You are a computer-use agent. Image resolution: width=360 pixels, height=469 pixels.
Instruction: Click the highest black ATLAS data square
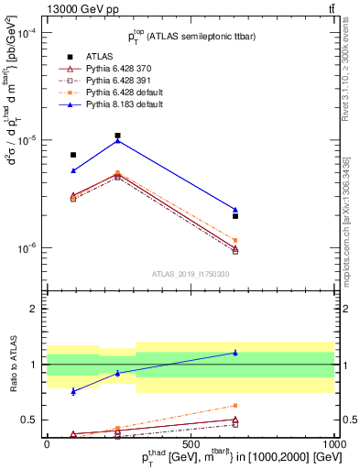[x=118, y=136]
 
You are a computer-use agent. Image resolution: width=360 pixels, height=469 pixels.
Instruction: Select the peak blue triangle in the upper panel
[x=118, y=140]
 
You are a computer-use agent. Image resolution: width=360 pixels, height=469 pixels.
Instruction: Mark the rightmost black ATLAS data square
[x=235, y=216]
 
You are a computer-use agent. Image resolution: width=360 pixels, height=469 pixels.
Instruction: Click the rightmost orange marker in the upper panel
[x=235, y=240]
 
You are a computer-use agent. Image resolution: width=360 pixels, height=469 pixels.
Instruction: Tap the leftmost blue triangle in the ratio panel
[x=73, y=391]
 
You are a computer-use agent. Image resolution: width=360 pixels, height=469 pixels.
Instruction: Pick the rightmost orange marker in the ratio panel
[x=235, y=405]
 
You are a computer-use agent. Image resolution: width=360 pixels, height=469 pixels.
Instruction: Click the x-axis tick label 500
[x=191, y=442]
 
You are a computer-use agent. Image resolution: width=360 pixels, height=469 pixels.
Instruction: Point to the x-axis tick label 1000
[x=334, y=442]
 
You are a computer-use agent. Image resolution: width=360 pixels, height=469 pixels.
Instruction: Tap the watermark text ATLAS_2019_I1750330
[x=191, y=274]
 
